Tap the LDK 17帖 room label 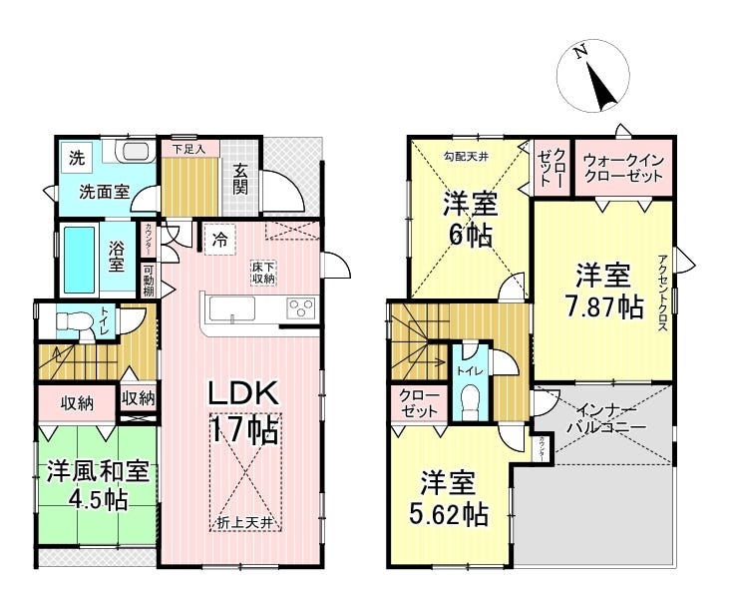click(242, 412)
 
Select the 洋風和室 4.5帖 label click(98, 484)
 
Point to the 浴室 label click(116, 258)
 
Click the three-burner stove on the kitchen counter click(299, 308)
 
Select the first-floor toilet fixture click(70, 321)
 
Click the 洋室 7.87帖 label click(604, 290)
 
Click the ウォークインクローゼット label click(622, 167)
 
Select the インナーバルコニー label click(606, 417)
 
